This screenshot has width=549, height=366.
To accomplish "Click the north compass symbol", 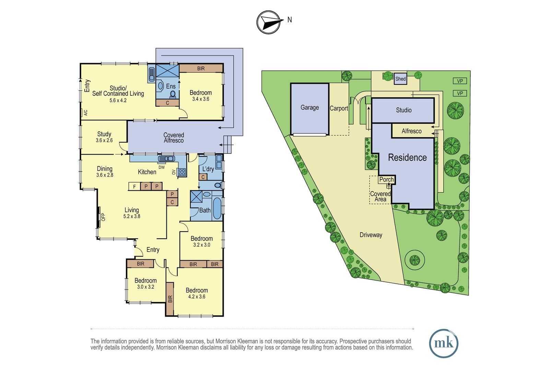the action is coord(268,22).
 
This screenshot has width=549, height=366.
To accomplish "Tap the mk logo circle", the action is coord(444,343).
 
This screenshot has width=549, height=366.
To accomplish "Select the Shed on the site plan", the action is coord(400,79).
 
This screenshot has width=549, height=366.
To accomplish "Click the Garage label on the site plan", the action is coord(309,108).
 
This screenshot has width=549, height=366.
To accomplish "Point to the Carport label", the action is coord(339,108).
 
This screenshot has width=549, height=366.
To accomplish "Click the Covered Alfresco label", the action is coord(174,138).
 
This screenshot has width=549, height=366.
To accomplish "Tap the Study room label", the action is coord(104,134).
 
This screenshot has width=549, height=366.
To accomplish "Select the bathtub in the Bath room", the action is coord(217,208).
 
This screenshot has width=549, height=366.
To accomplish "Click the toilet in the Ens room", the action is coord(173,95).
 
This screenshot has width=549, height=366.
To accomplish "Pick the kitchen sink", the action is coord(166,159).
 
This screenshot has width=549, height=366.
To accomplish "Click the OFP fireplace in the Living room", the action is coord(99,217).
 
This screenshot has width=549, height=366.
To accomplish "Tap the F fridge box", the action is coord(134,186).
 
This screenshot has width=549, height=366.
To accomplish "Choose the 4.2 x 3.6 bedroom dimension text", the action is coord(197,297).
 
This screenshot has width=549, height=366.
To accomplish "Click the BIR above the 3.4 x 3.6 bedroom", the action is coord(201,69).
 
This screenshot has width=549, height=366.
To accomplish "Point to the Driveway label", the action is coord(371,235).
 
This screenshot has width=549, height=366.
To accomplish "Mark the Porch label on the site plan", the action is coord(386,180).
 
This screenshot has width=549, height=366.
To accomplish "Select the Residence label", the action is coord(407,157).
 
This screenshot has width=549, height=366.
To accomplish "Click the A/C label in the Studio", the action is coord(85,113).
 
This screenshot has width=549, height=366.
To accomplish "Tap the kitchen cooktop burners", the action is coord(182,172).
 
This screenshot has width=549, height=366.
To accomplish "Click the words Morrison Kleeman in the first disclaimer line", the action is coord(237,341).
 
